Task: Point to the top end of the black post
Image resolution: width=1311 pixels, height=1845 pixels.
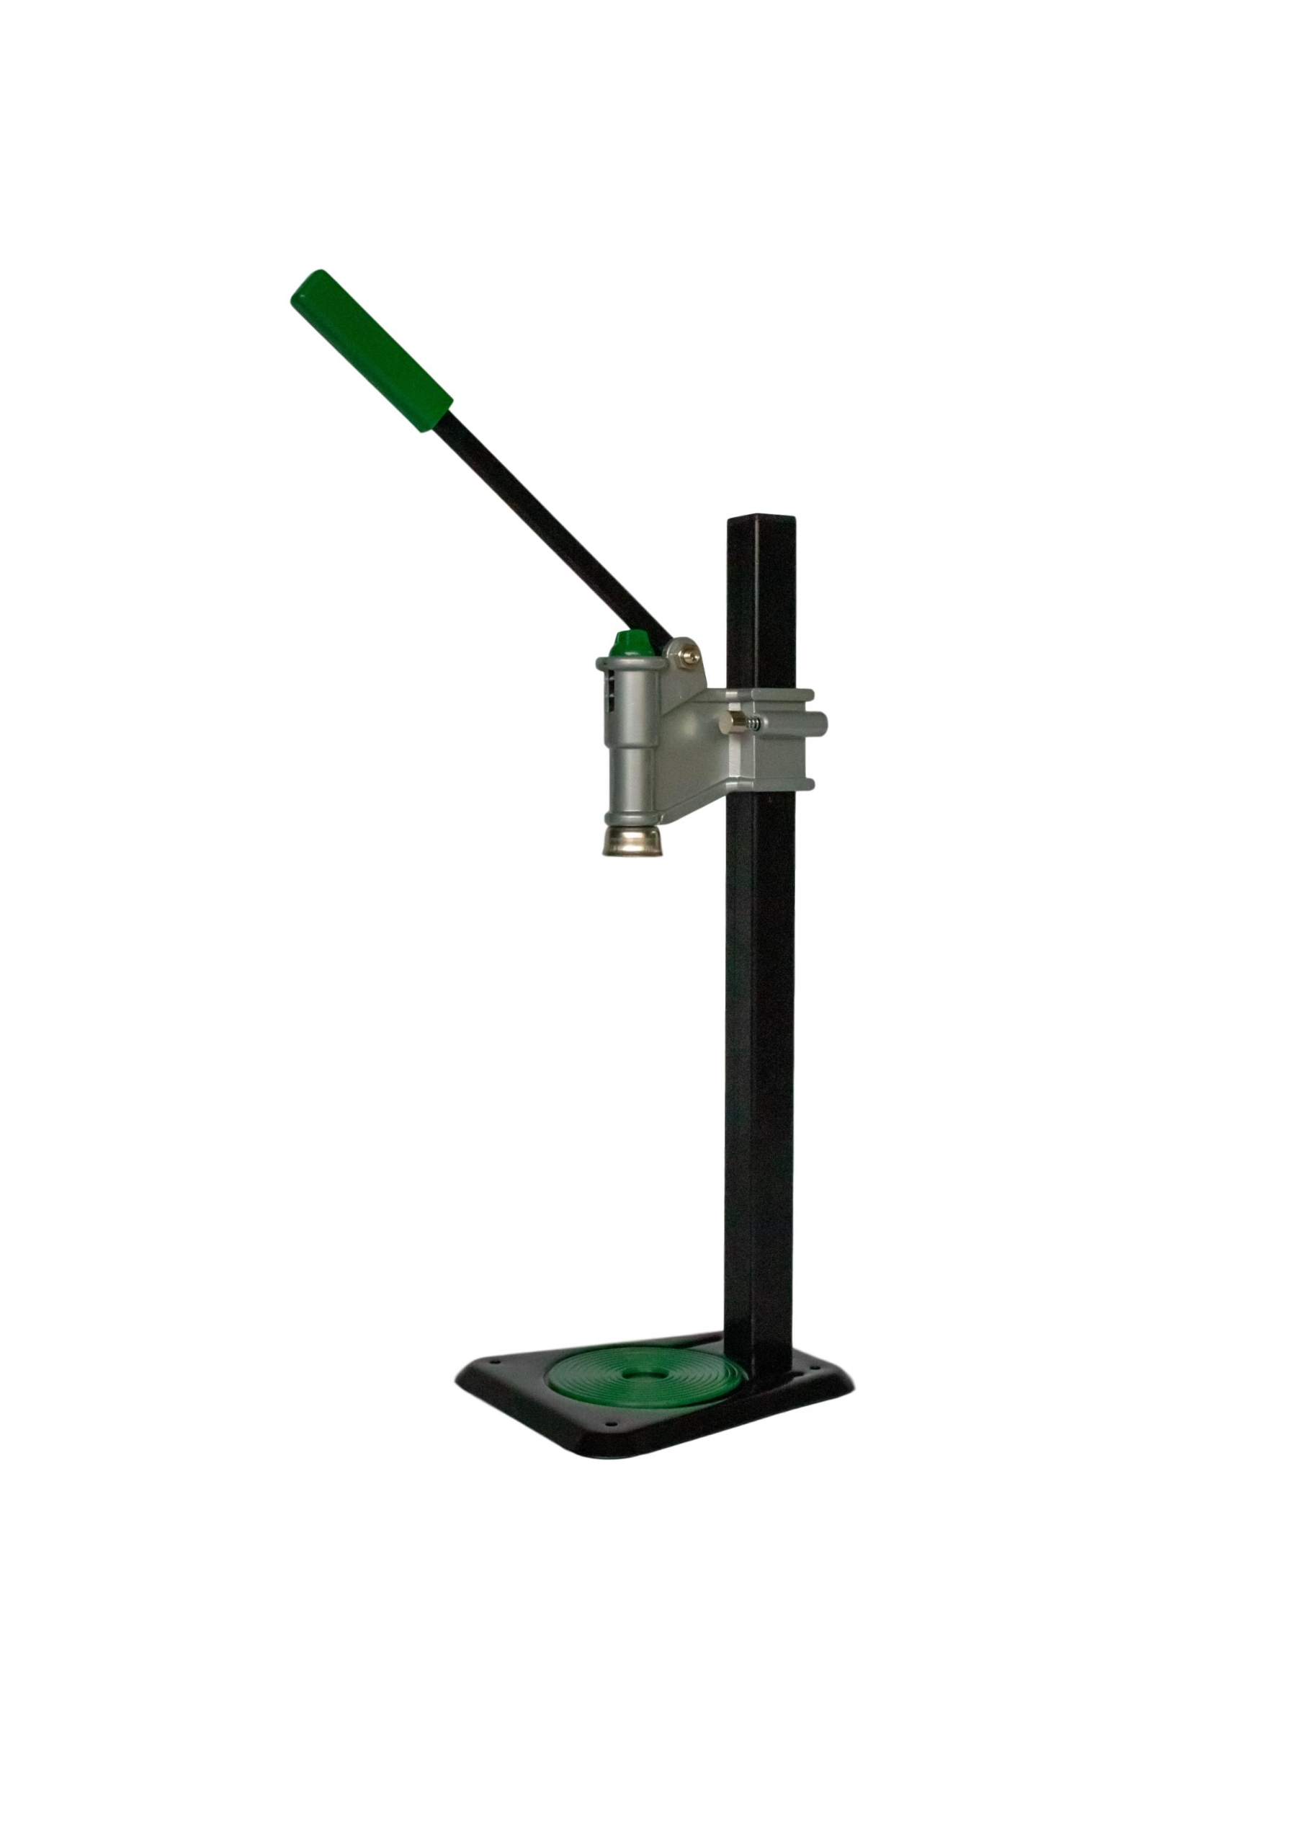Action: coord(761,523)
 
